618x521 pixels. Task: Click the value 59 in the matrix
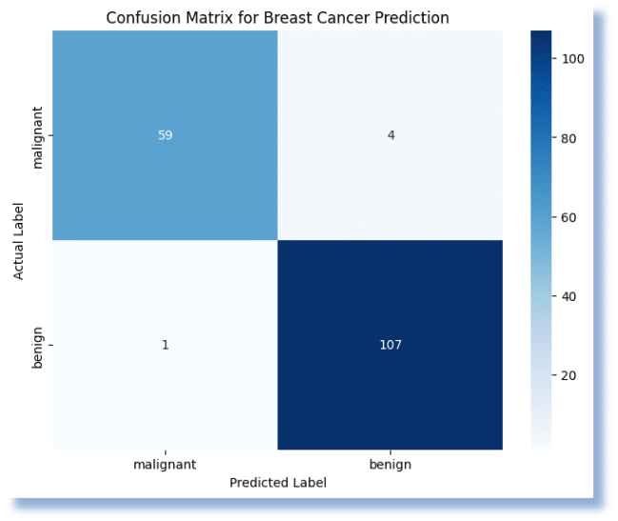[166, 135]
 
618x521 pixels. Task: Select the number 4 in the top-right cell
[390, 135]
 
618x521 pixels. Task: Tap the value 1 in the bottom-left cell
[166, 344]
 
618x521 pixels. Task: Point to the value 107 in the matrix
[390, 344]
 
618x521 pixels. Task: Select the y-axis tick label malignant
[39, 135]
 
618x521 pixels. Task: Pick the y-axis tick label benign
[39, 344]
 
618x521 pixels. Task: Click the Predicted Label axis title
[278, 483]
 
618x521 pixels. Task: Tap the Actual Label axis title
[19, 239]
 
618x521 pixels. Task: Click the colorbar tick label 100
[572, 58]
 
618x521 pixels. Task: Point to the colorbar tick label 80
[569, 137]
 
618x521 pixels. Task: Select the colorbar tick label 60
[569, 217]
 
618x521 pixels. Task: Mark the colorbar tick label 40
[569, 296]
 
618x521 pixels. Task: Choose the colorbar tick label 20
[569, 375]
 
